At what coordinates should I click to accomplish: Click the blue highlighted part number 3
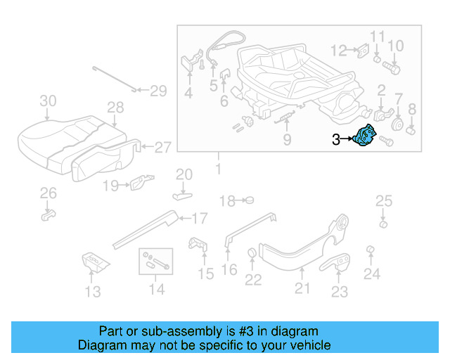(x=366, y=136)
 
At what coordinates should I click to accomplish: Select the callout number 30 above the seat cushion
(x=48, y=101)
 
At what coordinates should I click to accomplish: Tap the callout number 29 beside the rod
(x=158, y=90)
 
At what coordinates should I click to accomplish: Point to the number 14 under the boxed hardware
(x=156, y=289)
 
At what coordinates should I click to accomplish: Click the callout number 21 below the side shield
(x=302, y=287)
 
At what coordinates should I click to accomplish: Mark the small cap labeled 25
(x=383, y=224)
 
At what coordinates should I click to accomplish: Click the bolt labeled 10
(x=392, y=70)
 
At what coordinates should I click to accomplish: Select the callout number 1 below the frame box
(x=218, y=169)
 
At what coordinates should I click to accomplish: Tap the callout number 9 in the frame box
(x=287, y=140)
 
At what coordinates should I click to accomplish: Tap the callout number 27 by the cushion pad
(x=162, y=148)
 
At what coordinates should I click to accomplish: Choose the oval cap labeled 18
(x=247, y=200)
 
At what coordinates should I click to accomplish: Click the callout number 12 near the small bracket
(x=340, y=50)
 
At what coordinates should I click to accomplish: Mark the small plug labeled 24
(x=370, y=252)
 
